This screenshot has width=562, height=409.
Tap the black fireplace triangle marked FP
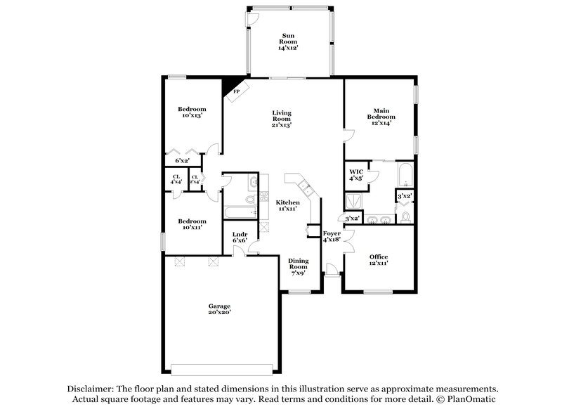click(x=231, y=90)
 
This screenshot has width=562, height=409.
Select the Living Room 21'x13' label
click(x=282, y=119)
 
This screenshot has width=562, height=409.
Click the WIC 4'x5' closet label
click(x=357, y=175)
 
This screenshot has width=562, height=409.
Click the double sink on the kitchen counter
click(x=306, y=187)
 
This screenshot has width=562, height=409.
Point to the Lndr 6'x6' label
click(x=239, y=238)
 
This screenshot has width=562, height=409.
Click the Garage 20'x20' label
click(x=219, y=309)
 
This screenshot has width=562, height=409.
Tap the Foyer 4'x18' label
click(x=332, y=236)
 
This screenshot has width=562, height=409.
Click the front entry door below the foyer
click(x=333, y=271)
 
